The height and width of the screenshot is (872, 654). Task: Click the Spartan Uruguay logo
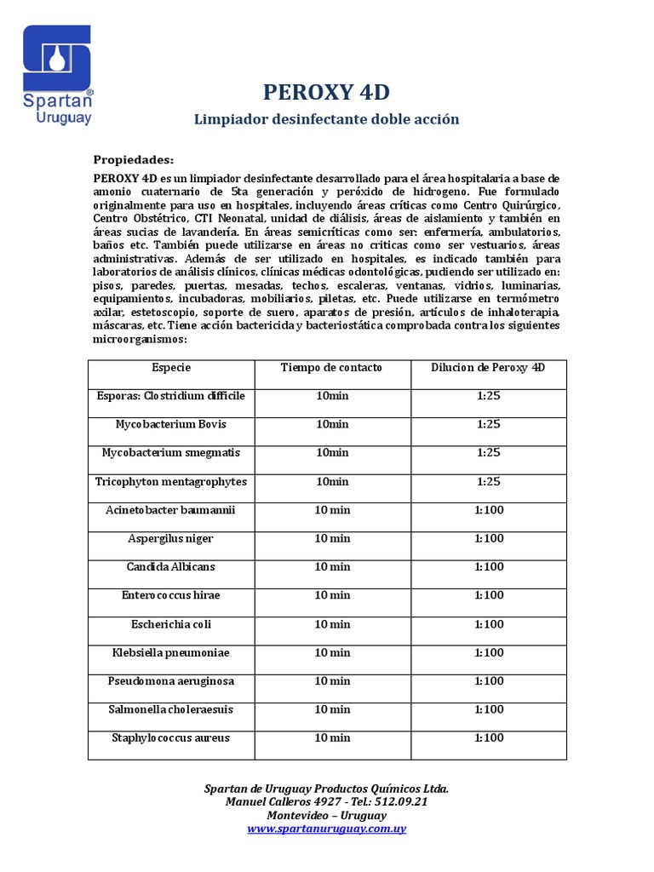57,75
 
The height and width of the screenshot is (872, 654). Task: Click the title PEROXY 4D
326,92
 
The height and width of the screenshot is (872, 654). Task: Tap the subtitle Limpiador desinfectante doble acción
326,119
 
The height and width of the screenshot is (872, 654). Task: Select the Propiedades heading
133,160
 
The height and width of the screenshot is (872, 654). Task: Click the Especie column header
171,368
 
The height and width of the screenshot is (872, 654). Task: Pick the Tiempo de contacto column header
331,368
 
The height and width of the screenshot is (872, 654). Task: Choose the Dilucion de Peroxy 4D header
488,368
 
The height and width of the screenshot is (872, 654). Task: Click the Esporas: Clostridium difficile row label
171,396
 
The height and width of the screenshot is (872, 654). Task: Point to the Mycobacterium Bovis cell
171,424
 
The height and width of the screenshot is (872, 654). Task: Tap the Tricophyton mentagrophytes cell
171,482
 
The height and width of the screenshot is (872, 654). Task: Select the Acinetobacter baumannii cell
171,510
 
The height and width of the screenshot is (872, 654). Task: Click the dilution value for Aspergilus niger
489,539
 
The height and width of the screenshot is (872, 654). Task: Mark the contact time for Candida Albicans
332,567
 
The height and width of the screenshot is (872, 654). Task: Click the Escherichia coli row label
171,624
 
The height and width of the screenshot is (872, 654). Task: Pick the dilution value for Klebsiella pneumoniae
489,653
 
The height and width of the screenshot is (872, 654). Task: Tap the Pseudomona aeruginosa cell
171,681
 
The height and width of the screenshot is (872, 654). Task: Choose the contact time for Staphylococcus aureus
332,738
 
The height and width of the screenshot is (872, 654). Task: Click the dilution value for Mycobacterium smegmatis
489,453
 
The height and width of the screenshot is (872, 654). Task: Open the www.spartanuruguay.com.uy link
326,829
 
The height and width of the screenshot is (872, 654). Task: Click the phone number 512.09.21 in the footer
398,802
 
